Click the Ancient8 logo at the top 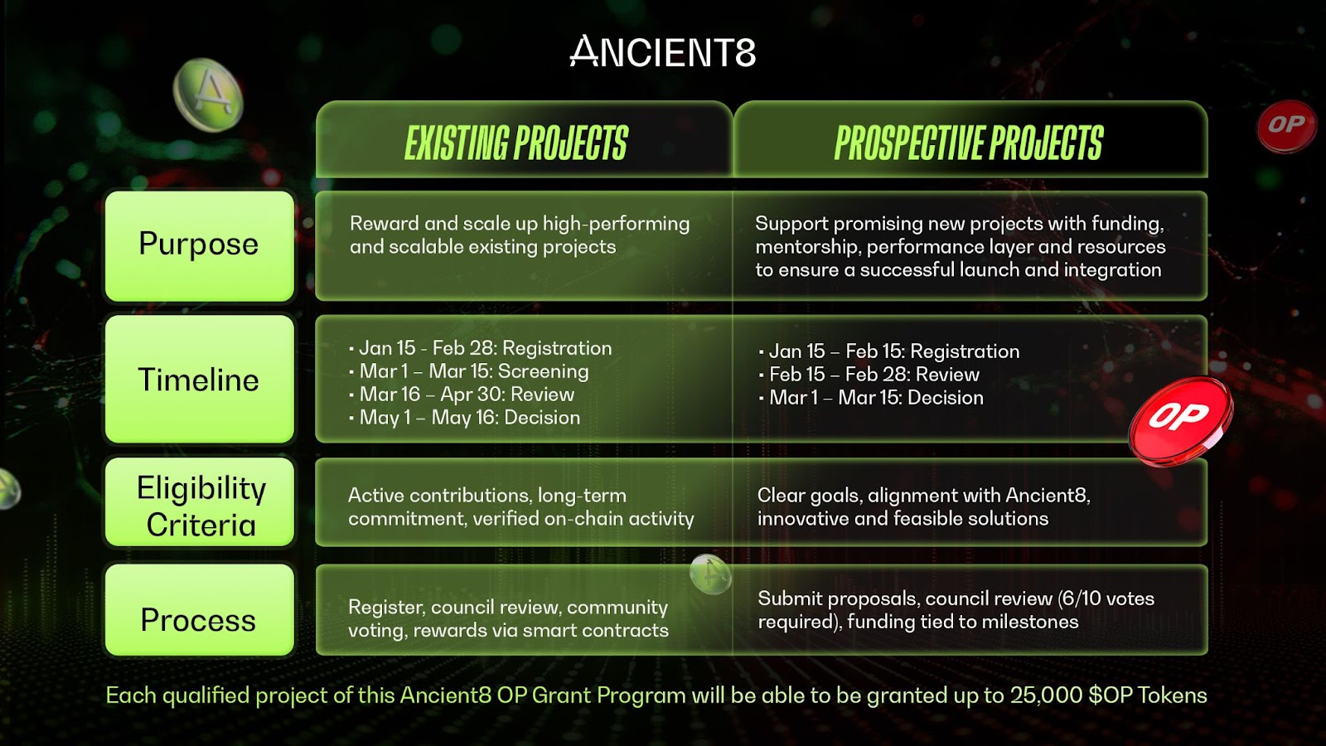pyautogui.click(x=662, y=51)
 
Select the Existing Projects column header pyautogui.click(x=515, y=143)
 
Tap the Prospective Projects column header pyautogui.click(x=969, y=143)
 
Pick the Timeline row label pyautogui.click(x=200, y=379)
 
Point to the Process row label pyautogui.click(x=200, y=610)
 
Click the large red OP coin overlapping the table pyautogui.click(x=1180, y=419)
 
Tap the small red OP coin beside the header pyautogui.click(x=1286, y=126)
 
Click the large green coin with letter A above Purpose pyautogui.click(x=208, y=94)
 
